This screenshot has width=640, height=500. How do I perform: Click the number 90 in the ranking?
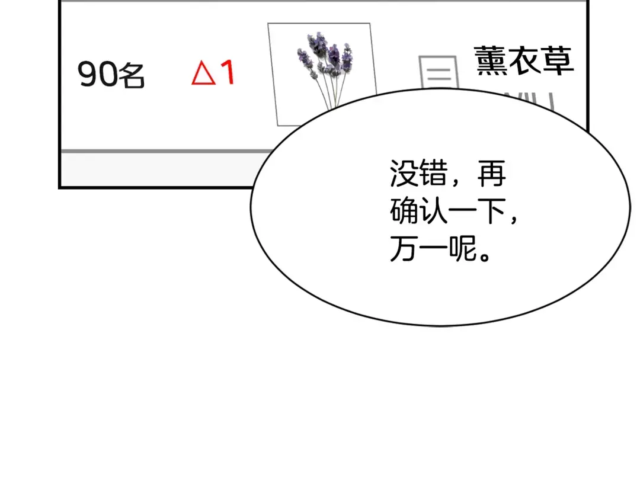[98, 74]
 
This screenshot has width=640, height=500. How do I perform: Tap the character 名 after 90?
[132, 75]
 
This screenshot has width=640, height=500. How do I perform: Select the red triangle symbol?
[203, 73]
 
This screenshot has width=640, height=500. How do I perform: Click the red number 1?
[228, 72]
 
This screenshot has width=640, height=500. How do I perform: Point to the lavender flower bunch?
[325, 55]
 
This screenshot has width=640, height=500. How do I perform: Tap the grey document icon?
[439, 72]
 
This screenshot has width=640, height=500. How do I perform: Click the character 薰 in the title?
[490, 60]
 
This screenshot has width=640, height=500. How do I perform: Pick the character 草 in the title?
[558, 60]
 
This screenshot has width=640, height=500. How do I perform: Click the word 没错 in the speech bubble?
[419, 174]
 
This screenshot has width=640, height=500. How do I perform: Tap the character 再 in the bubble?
[491, 174]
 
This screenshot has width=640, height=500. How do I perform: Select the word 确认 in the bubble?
[419, 211]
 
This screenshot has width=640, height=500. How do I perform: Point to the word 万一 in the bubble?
[419, 248]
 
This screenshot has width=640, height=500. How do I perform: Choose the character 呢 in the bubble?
[463, 248]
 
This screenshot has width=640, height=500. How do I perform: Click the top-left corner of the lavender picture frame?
[268, 24]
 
